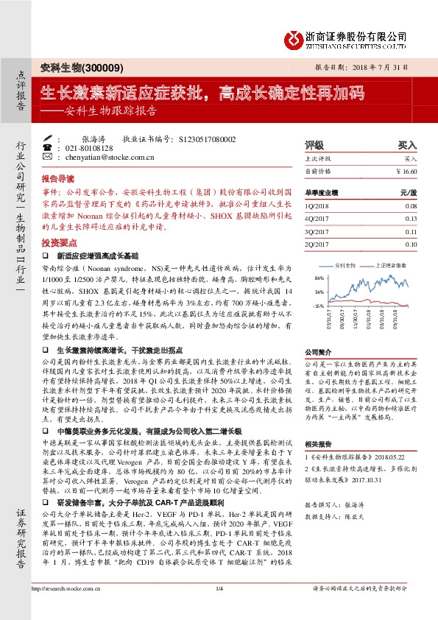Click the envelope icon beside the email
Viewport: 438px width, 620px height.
click(x=48, y=157)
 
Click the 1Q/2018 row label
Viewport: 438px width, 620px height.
click(x=317, y=207)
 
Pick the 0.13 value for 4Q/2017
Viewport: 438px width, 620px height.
click(x=410, y=219)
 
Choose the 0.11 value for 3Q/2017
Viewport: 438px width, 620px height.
click(x=410, y=231)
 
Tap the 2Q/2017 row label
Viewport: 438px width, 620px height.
click(x=317, y=244)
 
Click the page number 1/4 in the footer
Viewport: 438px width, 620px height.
click(x=219, y=608)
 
